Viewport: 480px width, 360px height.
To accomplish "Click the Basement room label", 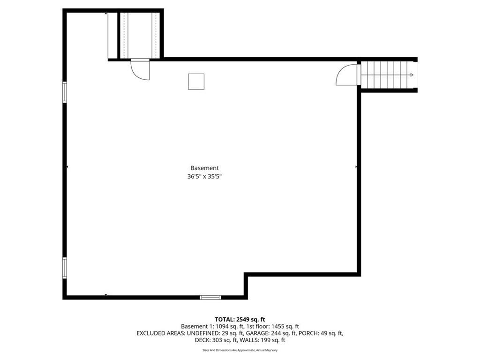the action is pyautogui.click(x=204, y=168).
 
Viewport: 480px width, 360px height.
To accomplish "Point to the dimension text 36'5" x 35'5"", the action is pyautogui.click(x=204, y=176).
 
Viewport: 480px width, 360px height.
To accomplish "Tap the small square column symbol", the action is pyautogui.click(x=196, y=82).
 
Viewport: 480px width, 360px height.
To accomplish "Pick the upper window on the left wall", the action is pyautogui.click(x=65, y=92).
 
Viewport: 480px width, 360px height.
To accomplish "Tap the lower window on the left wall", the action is pyautogui.click(x=65, y=268).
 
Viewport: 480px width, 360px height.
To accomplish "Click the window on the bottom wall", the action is pyautogui.click(x=210, y=297).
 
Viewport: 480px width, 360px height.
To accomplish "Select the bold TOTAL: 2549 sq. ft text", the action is pyautogui.click(x=240, y=320).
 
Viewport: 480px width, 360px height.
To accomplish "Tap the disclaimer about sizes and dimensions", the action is pyautogui.click(x=240, y=350).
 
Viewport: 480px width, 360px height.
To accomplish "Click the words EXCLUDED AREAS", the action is pyautogui.click(x=161, y=333).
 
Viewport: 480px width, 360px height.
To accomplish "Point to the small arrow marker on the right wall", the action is pyautogui.click(x=356, y=167).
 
